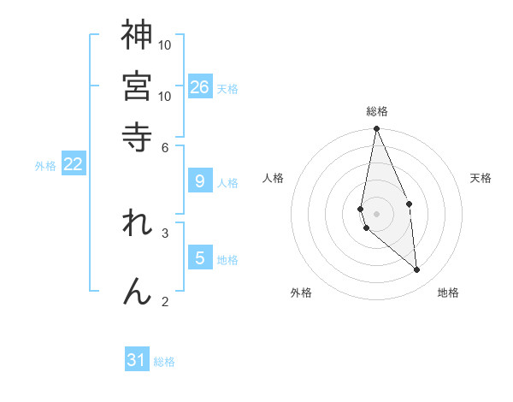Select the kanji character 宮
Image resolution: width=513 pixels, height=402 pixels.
(x=137, y=86)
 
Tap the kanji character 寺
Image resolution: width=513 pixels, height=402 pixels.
(x=137, y=136)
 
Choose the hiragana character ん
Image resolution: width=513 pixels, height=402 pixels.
(x=137, y=291)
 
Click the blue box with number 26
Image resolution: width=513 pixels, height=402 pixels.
(x=200, y=87)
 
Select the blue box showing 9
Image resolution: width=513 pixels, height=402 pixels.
(x=200, y=181)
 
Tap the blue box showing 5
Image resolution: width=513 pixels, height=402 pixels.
(x=200, y=258)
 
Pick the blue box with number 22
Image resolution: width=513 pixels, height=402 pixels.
(x=74, y=164)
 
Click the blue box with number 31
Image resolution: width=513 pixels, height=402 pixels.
(x=137, y=360)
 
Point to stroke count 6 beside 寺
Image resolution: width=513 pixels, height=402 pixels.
(x=165, y=147)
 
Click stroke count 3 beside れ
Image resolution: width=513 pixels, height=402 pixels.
(x=165, y=232)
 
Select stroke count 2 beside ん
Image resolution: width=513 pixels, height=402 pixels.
(x=165, y=301)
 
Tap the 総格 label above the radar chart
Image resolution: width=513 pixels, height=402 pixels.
(x=377, y=112)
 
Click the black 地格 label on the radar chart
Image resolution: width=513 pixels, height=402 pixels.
(x=448, y=293)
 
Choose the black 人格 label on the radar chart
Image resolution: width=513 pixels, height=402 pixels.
(x=274, y=178)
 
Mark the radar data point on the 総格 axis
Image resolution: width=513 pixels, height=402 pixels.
(x=376, y=129)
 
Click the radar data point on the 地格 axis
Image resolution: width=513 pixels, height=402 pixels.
(x=417, y=270)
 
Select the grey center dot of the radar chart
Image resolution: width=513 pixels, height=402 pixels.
(x=376, y=213)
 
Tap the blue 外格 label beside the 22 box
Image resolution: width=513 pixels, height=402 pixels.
(x=45, y=166)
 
